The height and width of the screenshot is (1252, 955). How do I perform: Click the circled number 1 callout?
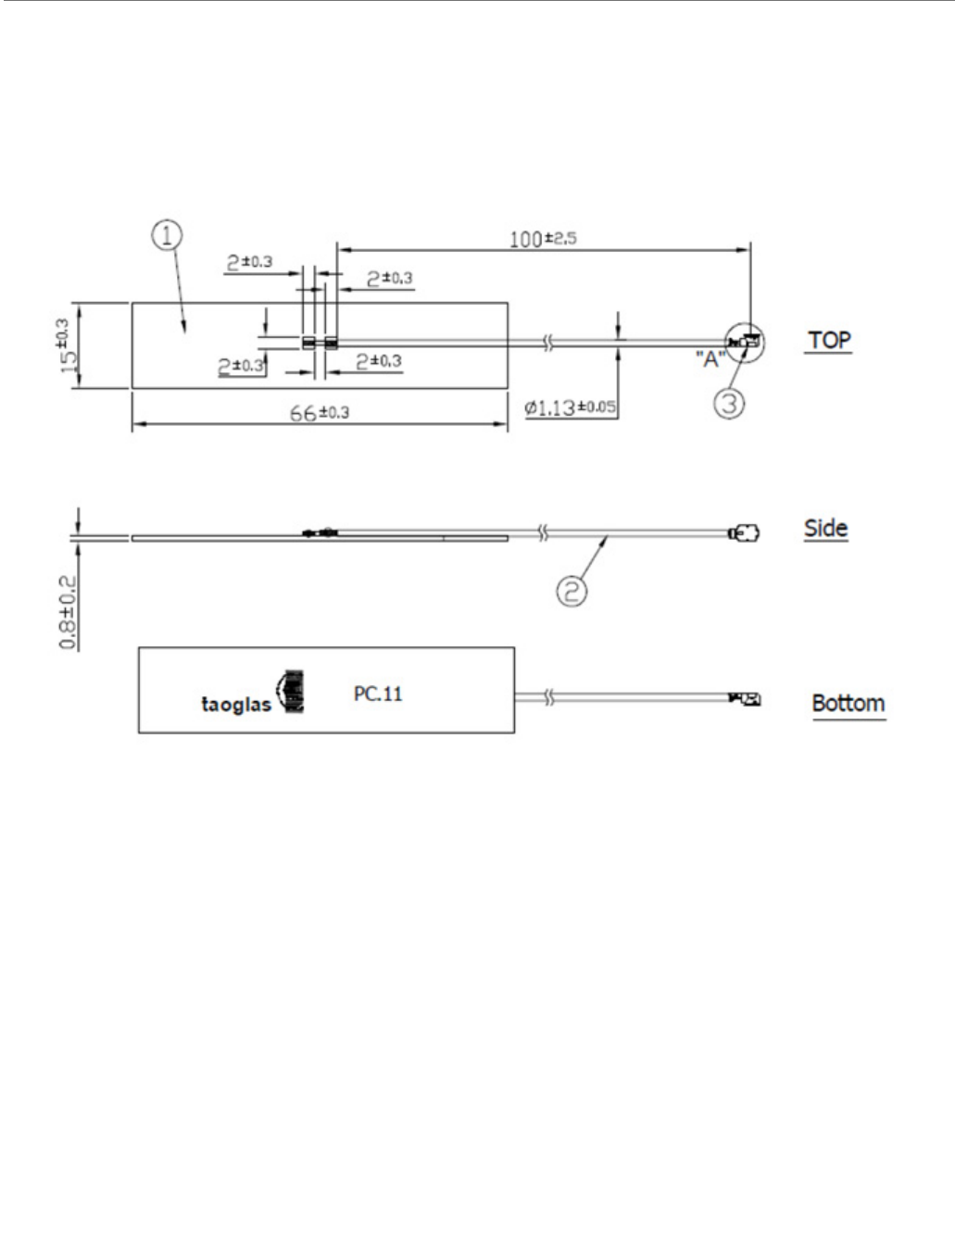tap(167, 236)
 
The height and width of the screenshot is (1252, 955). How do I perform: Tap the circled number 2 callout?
tap(572, 590)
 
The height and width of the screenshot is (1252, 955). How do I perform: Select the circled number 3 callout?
tap(731, 405)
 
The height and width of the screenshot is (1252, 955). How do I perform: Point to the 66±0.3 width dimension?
tap(320, 412)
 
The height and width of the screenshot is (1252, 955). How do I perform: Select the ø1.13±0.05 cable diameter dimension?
tap(571, 407)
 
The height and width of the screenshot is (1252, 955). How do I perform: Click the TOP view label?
tap(829, 340)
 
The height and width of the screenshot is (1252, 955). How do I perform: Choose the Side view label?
tap(825, 529)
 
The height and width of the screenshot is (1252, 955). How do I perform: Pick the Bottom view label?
tap(848, 703)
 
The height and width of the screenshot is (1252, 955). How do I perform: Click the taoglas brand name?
tap(236, 705)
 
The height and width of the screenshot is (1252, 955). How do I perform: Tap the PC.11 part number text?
tap(378, 693)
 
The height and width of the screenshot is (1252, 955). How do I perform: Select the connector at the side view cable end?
tap(747, 534)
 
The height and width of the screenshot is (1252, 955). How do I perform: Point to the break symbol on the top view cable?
tap(548, 344)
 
